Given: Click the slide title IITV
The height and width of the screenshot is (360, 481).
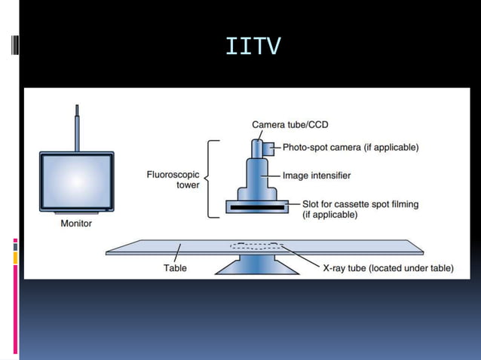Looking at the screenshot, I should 253,47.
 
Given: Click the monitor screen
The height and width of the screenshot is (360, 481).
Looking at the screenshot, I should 76,183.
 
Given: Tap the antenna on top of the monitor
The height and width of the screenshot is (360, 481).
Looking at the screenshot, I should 77,130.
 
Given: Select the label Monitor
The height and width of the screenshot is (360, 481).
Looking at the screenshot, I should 76,223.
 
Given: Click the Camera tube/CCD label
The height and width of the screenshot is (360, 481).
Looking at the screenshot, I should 290,124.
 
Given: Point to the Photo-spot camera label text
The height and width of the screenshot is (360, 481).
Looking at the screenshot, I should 350,148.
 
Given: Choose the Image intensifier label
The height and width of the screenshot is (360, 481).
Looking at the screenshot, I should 317,175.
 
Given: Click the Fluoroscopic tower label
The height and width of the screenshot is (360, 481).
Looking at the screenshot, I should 173,180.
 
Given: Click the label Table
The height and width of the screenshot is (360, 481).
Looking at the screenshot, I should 175,267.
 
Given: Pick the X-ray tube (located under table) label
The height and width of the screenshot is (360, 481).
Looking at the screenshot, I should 388,267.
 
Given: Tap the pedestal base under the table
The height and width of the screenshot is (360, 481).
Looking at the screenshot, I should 256,265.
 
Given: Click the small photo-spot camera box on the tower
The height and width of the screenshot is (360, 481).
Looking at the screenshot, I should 268,146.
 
